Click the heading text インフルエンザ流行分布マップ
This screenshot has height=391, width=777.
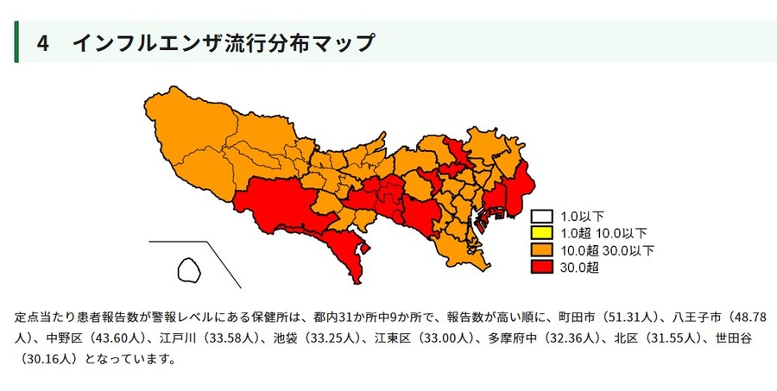(x=224, y=43)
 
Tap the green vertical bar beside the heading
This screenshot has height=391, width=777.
(x=16, y=41)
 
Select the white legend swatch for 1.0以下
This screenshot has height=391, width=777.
(x=542, y=217)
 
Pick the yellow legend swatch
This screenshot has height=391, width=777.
(x=542, y=233)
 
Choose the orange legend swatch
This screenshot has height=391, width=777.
(x=542, y=250)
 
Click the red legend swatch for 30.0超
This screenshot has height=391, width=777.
(x=542, y=267)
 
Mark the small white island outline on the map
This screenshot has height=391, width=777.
(x=188, y=269)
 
